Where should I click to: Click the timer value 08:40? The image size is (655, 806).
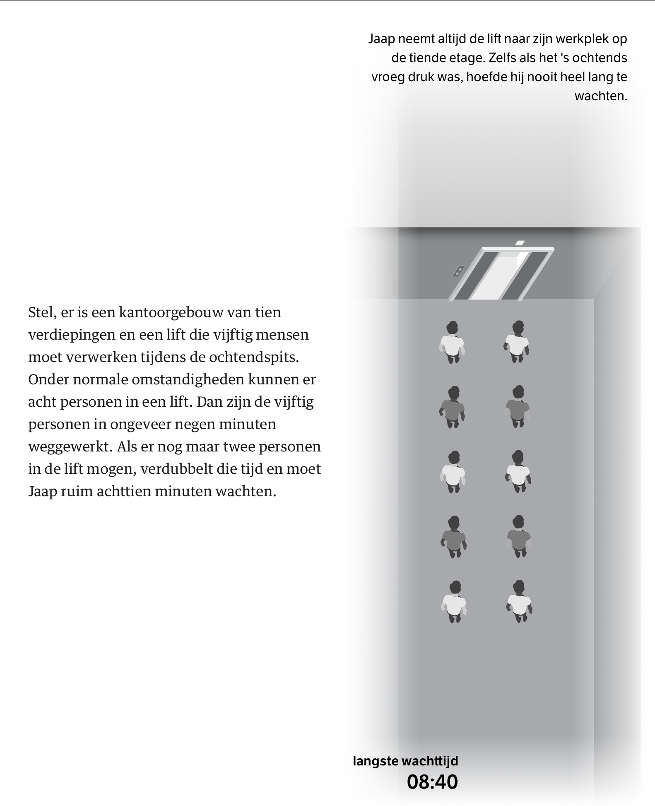tap(432, 782)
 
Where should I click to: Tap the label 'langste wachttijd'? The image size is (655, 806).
tap(405, 761)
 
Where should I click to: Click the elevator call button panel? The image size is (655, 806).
tap(458, 271)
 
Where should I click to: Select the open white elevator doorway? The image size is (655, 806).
tap(500, 275)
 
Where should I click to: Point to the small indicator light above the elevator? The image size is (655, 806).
tap(520, 243)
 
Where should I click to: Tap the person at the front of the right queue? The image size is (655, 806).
tap(517, 342)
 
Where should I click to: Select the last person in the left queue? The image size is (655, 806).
tap(454, 602)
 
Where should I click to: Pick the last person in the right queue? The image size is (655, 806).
tap(519, 602)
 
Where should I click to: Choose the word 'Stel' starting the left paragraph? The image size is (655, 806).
tap(42, 312)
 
